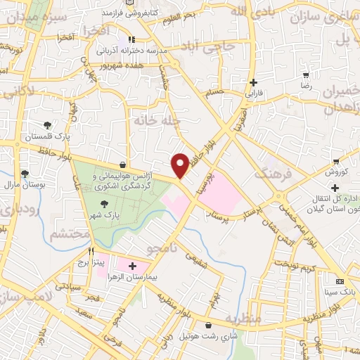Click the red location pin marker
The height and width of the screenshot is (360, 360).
coord(181,164)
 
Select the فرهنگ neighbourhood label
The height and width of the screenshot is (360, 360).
coord(270,172)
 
